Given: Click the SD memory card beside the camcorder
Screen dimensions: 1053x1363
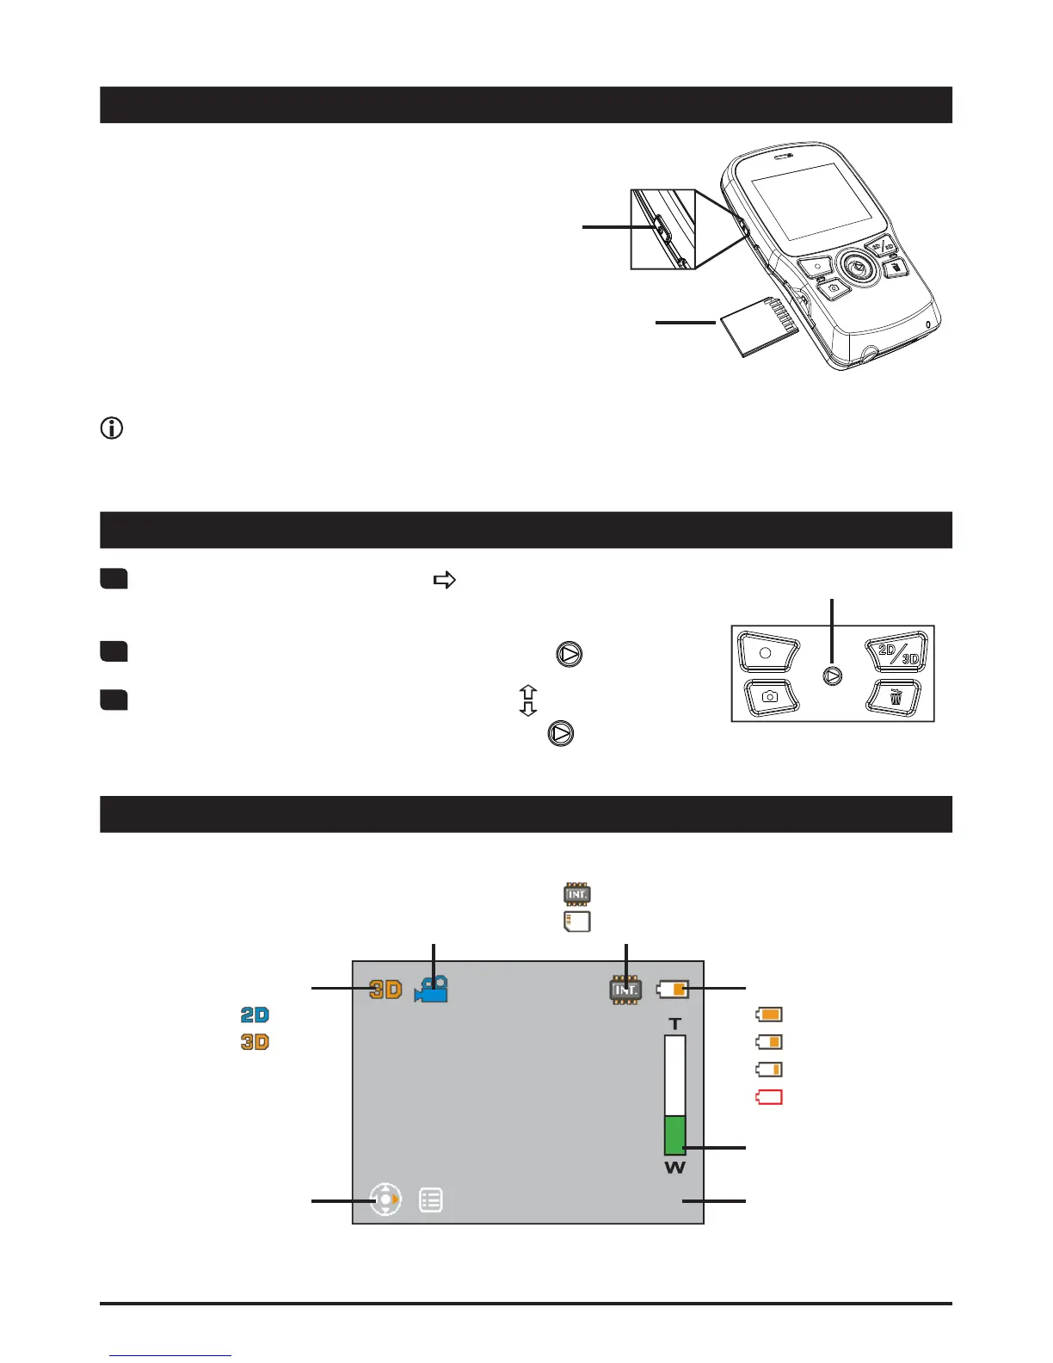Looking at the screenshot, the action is (x=757, y=327).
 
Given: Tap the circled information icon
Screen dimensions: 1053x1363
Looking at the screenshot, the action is (x=112, y=428).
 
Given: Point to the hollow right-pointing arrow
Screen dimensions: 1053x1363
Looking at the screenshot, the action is (x=444, y=581).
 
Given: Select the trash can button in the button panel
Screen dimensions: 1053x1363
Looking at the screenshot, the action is (x=896, y=697).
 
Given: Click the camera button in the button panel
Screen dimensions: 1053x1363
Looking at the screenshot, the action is (x=770, y=696).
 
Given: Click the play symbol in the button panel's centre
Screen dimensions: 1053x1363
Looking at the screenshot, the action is (x=832, y=676).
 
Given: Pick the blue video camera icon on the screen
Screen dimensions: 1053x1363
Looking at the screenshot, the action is (x=431, y=990).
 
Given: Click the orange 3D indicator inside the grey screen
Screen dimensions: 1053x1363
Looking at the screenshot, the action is (x=385, y=990).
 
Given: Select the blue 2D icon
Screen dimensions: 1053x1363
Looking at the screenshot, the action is (x=255, y=1015).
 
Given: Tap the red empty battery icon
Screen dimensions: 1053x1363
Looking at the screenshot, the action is (x=769, y=1097).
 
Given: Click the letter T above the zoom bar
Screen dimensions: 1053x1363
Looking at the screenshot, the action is (x=675, y=1024).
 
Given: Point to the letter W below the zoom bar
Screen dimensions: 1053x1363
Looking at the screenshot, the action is (x=675, y=1168).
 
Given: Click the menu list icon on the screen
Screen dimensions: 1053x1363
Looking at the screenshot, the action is (x=431, y=1200).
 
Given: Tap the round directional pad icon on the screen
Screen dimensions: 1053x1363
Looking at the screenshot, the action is (x=385, y=1200).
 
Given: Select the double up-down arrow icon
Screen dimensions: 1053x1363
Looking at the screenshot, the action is (x=528, y=700).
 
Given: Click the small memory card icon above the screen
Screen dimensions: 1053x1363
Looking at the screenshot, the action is (x=576, y=922).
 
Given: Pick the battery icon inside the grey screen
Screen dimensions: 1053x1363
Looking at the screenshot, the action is (x=673, y=990).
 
